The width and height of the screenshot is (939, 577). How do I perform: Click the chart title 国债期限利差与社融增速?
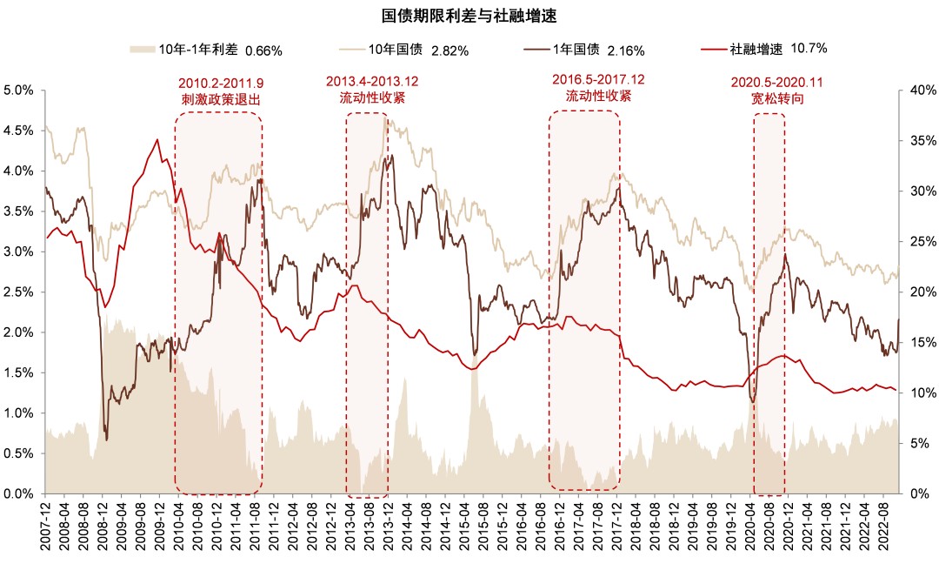[469, 16]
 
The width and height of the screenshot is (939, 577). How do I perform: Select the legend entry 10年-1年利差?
[200, 50]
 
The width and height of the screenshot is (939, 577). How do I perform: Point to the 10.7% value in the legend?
[809, 50]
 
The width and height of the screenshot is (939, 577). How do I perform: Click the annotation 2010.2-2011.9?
[221, 84]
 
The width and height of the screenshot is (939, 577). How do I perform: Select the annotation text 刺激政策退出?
[221, 99]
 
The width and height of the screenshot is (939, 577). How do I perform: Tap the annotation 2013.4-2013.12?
[372, 82]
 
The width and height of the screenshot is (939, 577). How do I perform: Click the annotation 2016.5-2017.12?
[598, 80]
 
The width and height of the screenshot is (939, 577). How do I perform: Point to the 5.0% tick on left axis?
[18, 90]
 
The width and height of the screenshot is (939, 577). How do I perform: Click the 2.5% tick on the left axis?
[18, 292]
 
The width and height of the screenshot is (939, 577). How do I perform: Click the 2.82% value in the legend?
[451, 50]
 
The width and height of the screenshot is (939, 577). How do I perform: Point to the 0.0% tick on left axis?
[18, 493]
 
